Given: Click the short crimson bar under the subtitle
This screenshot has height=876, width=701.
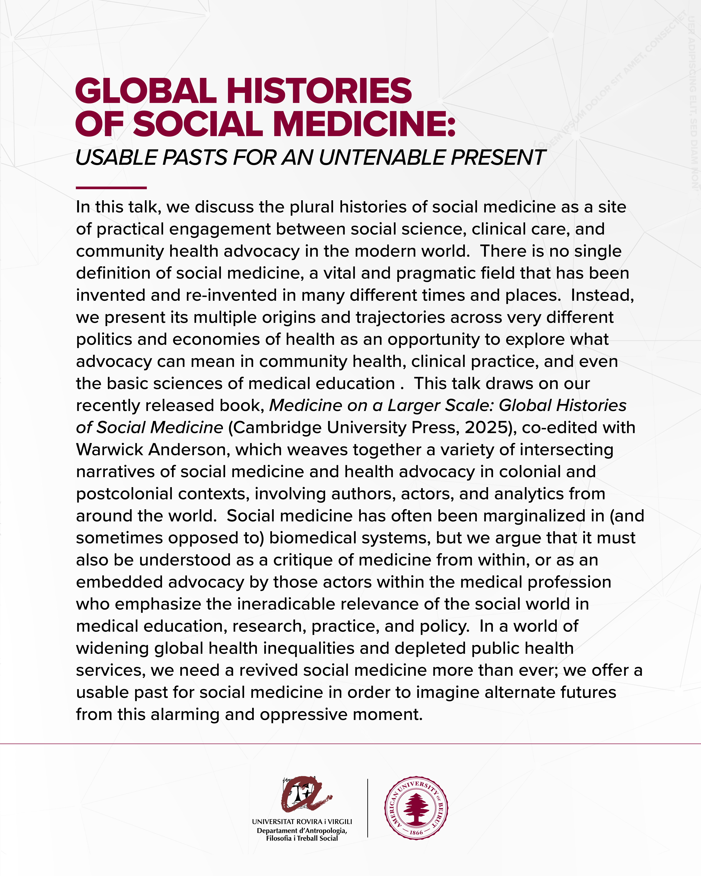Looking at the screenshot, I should (x=111, y=188).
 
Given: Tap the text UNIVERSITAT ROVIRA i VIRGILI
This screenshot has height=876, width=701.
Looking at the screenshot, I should (x=302, y=821).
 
